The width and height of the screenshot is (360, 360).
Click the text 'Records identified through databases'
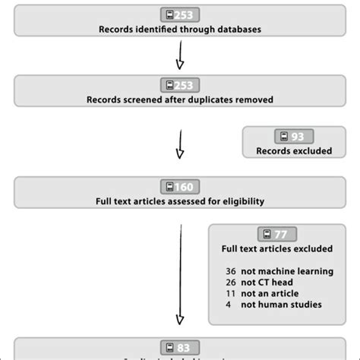[179, 30]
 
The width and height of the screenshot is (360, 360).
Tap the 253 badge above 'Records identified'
[179, 15]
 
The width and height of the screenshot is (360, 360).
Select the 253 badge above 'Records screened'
[179, 85]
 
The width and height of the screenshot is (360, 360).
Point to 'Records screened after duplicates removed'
[179, 99]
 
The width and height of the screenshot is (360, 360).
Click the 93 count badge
[294, 136]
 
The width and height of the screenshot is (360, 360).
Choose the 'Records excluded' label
[294, 150]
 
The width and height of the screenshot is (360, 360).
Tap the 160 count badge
[179, 187]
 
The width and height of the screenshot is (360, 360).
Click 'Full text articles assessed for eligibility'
[179, 201]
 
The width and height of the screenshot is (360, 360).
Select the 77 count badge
[277, 234]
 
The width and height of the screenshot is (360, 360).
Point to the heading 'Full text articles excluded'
[277, 248]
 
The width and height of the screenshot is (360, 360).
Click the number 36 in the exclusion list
[232, 271]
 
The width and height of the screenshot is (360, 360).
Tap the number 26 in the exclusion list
[232, 283]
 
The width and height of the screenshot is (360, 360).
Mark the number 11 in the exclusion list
[232, 294]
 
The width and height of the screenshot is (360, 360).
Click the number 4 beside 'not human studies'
[229, 305]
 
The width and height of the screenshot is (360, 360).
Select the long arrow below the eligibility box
[180, 273]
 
